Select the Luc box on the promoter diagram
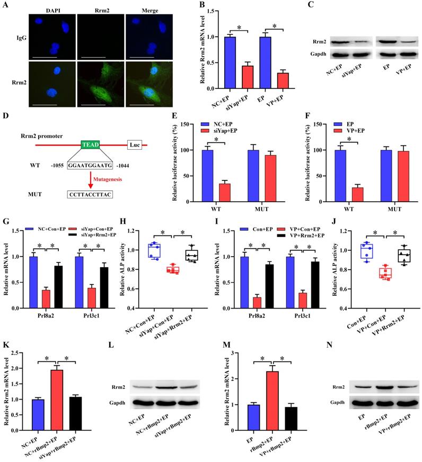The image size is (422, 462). pyautogui.click(x=134, y=144)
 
